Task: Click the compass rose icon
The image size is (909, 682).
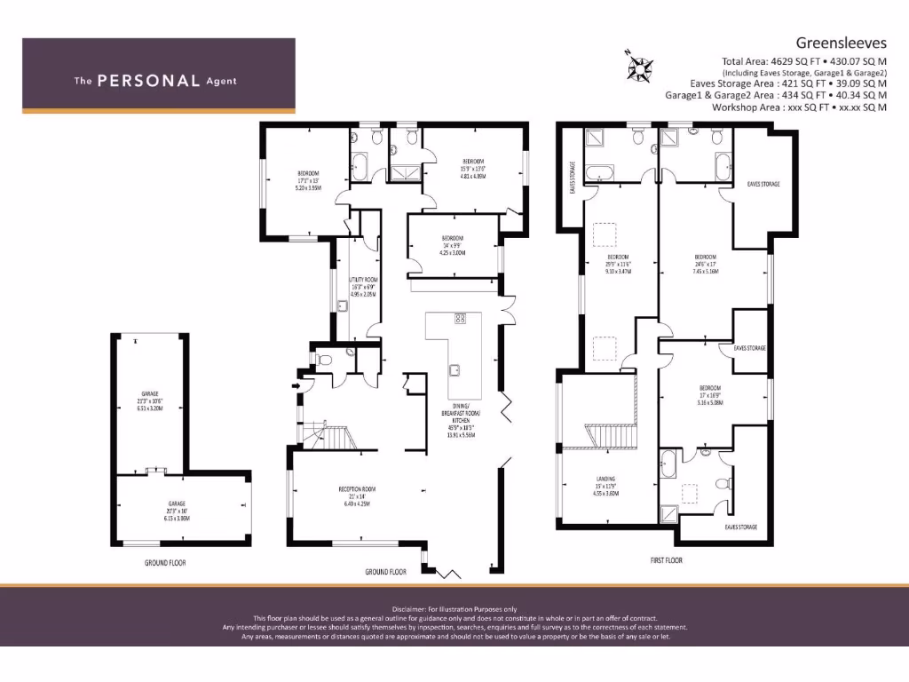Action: [x=640, y=66]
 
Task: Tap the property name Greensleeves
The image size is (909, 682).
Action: [x=841, y=42]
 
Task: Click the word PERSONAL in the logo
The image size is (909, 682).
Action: [x=147, y=81]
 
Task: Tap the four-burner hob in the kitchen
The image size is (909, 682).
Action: [x=461, y=318]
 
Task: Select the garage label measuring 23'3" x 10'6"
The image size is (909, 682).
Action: [x=149, y=400]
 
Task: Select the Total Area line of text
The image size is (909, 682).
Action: [x=803, y=61]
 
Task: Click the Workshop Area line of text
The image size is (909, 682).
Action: [x=799, y=107]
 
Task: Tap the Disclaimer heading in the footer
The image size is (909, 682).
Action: [x=454, y=608]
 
